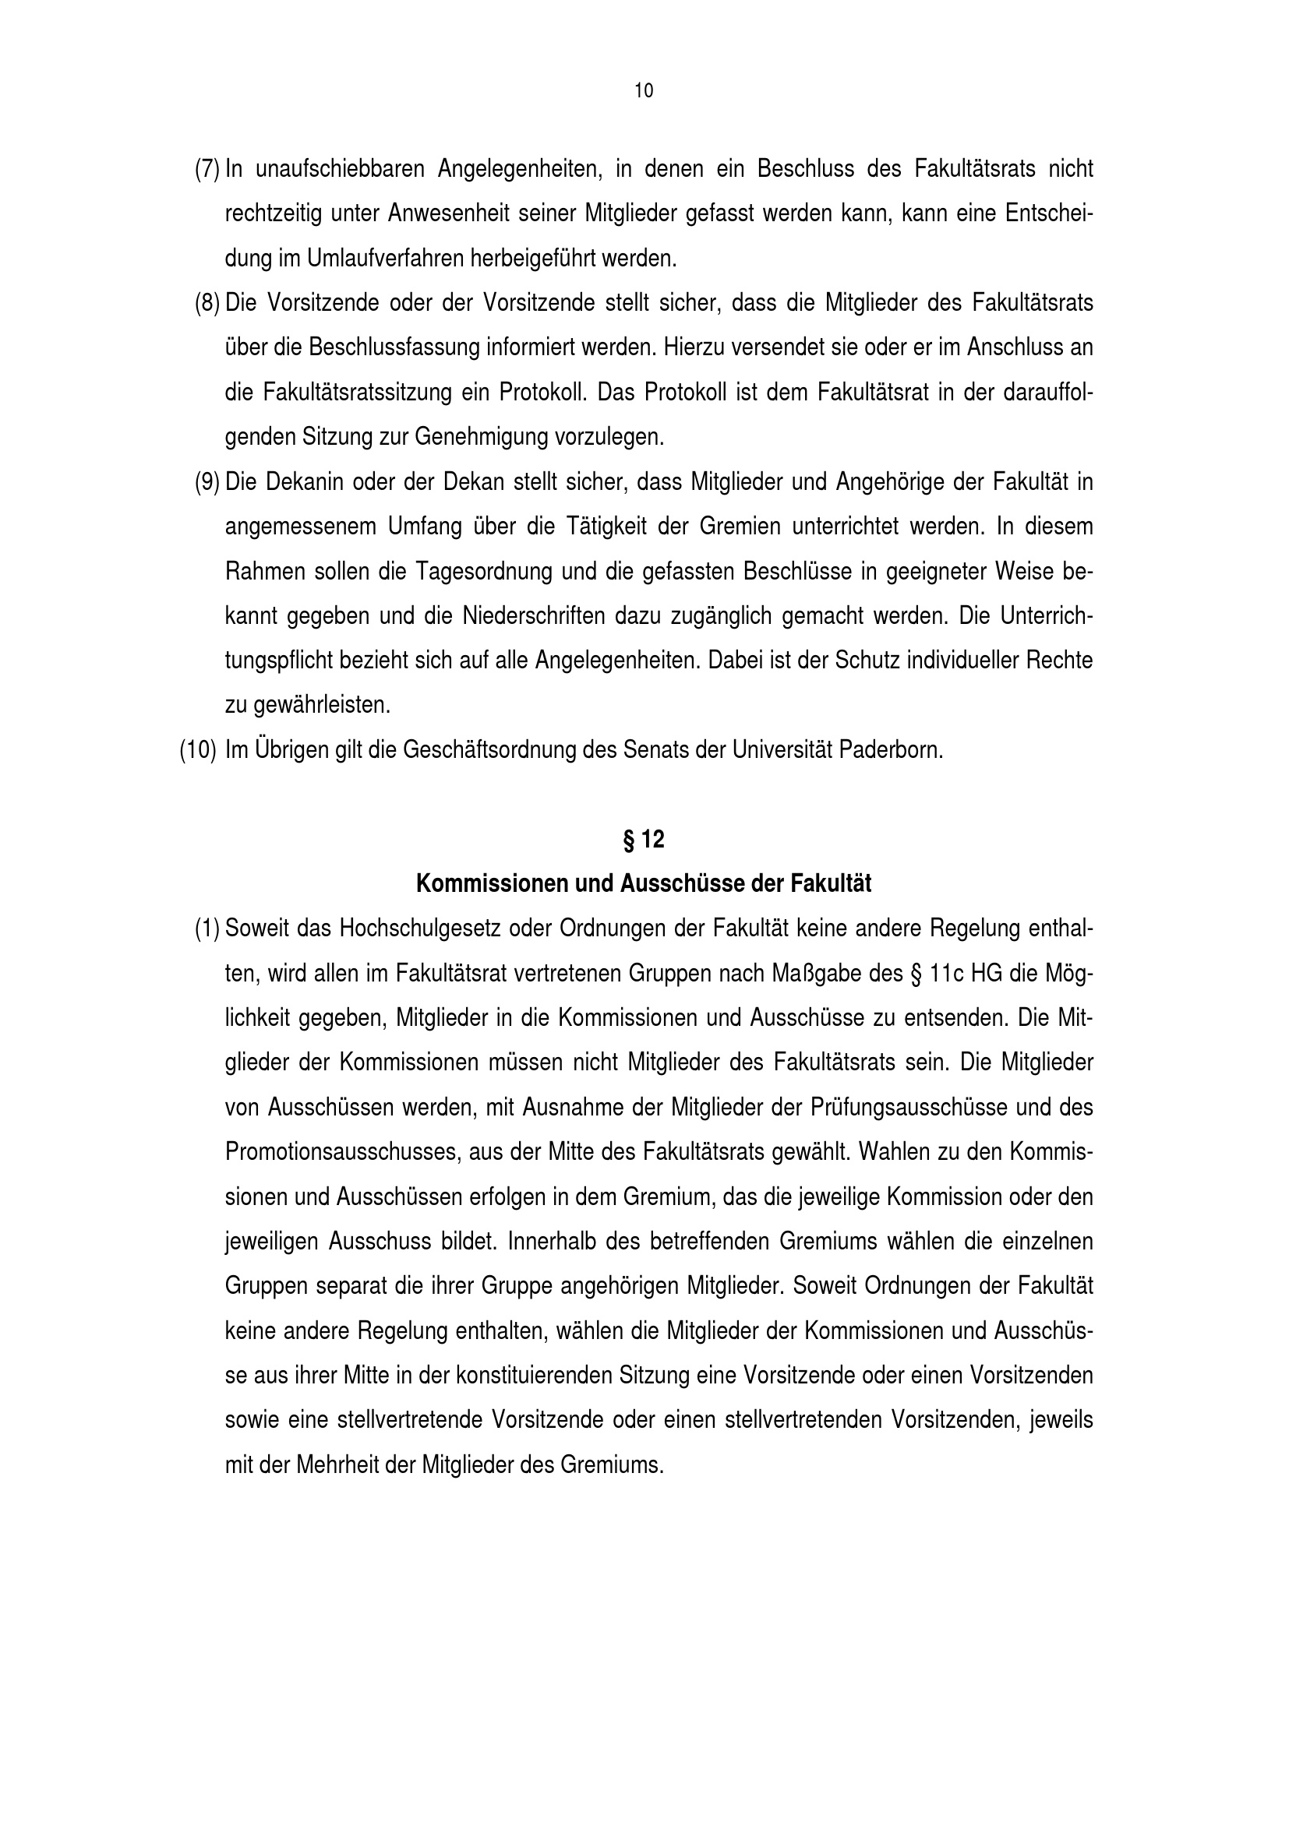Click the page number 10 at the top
(644, 91)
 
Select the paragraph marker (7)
(207, 169)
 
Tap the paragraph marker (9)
(207, 481)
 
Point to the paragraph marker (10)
(198, 750)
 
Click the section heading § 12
(644, 840)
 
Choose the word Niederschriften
(531, 616)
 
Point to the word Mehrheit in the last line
(337, 1465)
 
